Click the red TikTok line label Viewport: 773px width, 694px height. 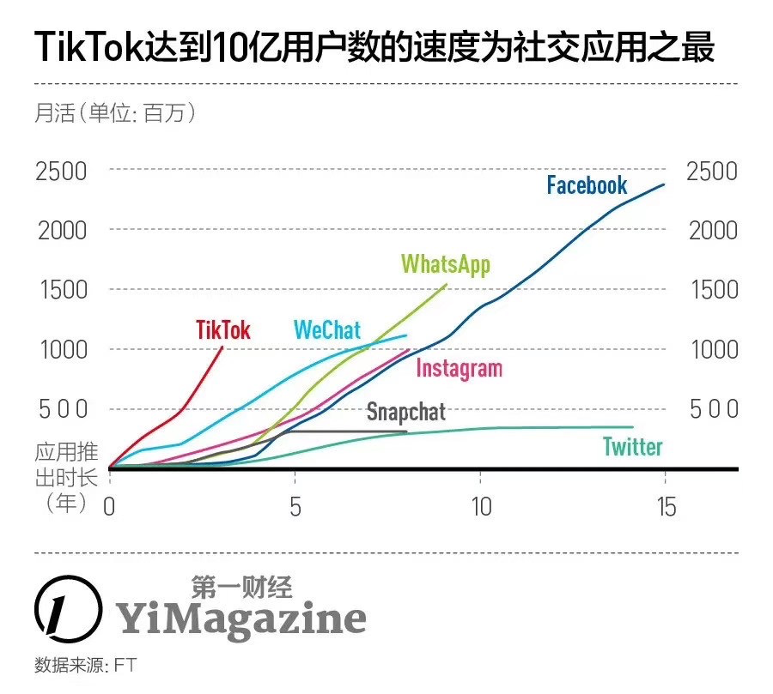(223, 329)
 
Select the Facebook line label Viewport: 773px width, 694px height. (587, 184)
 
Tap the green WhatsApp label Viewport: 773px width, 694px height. (445, 263)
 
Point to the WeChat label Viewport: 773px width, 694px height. (327, 329)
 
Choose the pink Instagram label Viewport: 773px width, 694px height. (459, 368)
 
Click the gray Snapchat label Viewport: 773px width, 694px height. (406, 412)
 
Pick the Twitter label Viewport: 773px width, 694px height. (632, 446)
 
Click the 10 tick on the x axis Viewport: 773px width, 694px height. (481, 506)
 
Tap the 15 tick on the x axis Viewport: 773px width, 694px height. (665, 506)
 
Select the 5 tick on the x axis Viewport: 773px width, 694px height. (295, 506)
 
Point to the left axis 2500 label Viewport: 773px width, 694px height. (61, 171)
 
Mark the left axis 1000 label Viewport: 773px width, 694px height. (61, 349)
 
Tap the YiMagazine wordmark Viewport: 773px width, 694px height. (240, 618)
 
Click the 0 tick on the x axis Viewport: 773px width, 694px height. (109, 506)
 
